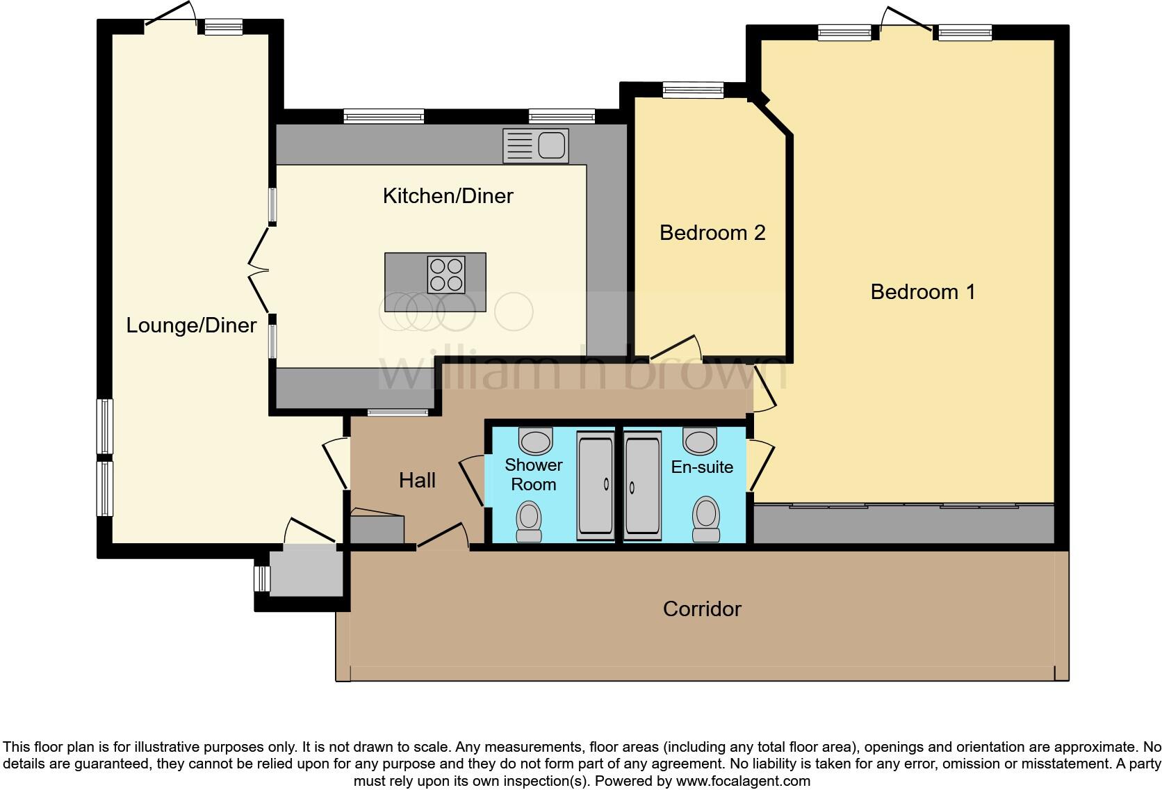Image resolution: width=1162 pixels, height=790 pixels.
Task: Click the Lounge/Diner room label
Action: (191, 325)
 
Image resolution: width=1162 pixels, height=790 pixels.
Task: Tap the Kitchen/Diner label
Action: (448, 196)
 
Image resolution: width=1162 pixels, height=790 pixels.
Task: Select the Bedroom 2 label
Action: (712, 232)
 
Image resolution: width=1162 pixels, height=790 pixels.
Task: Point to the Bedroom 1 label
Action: (922, 291)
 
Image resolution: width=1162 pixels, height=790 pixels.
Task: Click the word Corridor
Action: (702, 609)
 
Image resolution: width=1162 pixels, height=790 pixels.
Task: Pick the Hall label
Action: (417, 480)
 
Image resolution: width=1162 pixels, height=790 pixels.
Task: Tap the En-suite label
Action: (702, 467)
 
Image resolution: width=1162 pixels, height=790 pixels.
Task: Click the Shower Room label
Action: (533, 474)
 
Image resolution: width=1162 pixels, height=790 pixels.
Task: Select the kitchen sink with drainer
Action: (535, 145)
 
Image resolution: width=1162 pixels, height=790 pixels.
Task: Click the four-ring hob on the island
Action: (446, 275)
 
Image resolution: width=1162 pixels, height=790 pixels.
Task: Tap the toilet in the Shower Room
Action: (529, 521)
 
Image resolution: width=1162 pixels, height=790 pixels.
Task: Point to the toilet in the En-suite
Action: (706, 519)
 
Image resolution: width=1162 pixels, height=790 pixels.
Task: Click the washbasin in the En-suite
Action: (700, 440)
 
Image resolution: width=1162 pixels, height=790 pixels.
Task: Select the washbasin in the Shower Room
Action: (535, 440)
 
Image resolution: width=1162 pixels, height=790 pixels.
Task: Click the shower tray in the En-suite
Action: (643, 485)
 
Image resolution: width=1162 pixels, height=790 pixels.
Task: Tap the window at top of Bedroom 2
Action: (693, 89)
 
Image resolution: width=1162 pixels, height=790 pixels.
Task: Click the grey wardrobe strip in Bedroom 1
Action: (903, 525)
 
